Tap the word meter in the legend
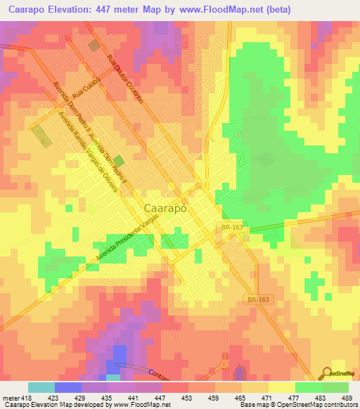10,397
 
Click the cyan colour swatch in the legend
41,387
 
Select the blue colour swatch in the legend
67,387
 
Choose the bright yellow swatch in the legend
281,387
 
